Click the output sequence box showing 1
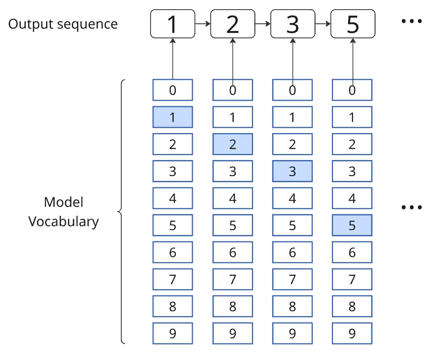click(172, 24)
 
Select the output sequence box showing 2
click(233, 24)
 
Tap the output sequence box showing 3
click(292, 24)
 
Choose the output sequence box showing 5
click(352, 24)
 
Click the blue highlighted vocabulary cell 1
click(173, 117)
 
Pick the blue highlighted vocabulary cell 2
click(233, 144)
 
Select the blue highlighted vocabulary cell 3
click(292, 171)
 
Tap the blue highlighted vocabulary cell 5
click(352, 225)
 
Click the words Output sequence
click(63, 24)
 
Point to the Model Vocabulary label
click(64, 212)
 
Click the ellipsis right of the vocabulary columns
click(412, 207)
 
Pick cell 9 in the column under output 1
click(173, 334)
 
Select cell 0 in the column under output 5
click(352, 90)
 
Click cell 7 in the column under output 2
click(233, 279)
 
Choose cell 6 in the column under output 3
click(292, 252)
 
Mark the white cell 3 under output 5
click(352, 171)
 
